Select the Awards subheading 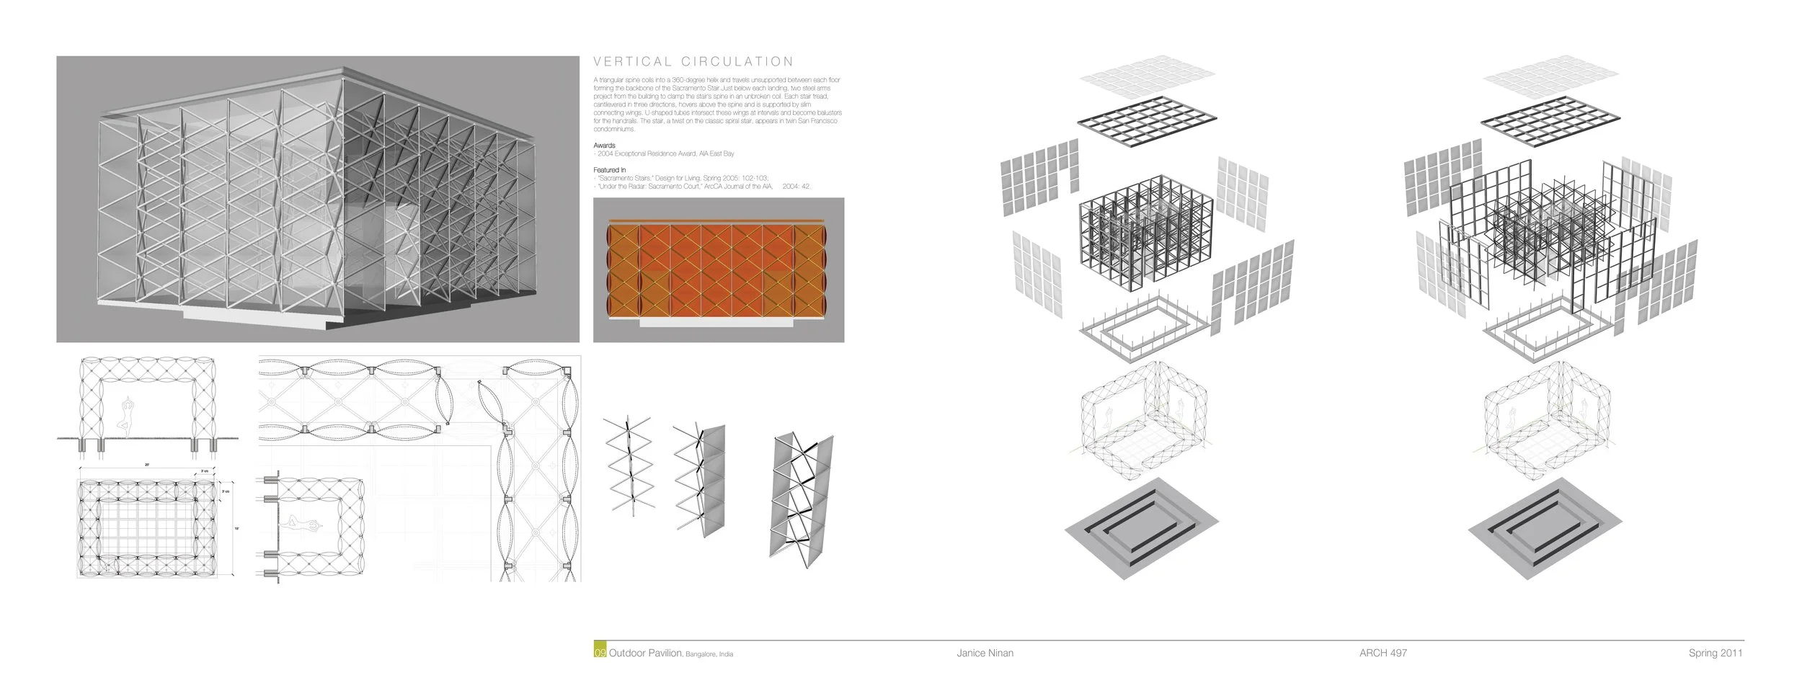[x=604, y=146]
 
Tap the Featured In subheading [x=609, y=170]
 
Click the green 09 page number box [x=600, y=653]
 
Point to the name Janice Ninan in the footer [x=985, y=653]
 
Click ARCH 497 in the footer [x=1382, y=653]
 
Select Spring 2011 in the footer [x=1715, y=653]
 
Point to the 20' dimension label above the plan [x=146, y=466]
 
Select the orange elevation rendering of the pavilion [x=718, y=270]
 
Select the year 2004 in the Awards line [x=605, y=153]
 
